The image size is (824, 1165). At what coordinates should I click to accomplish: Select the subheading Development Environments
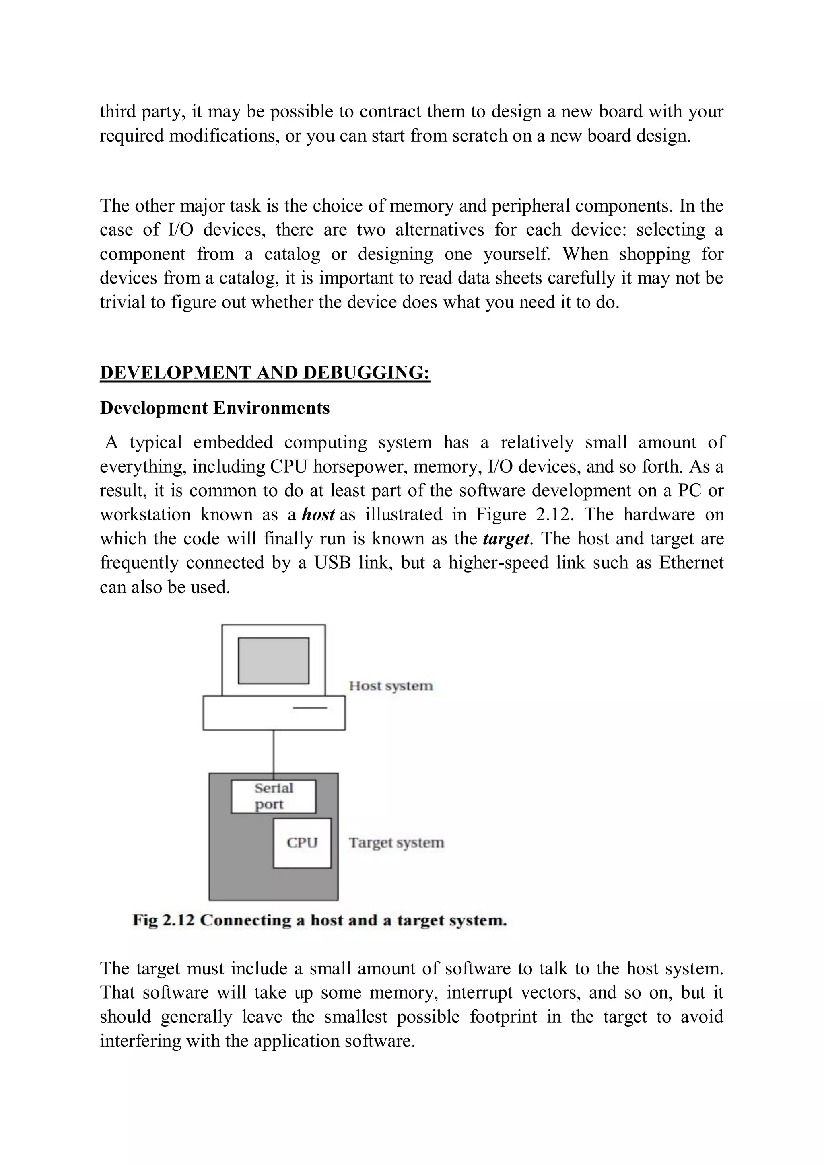click(x=215, y=408)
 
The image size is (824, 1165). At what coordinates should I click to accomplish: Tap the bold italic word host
click(x=318, y=514)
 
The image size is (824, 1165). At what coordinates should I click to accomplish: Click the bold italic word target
click(x=506, y=539)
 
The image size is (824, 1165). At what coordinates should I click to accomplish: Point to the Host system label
click(x=390, y=686)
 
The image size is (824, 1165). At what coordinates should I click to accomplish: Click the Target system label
click(x=396, y=843)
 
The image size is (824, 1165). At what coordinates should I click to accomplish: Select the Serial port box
click(x=273, y=797)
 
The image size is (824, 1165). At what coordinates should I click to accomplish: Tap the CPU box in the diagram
click(x=302, y=843)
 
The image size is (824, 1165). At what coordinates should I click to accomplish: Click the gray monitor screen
click(x=273, y=661)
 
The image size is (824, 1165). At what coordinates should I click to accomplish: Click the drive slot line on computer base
click(x=310, y=708)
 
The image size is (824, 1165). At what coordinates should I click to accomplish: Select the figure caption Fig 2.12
click(x=319, y=920)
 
